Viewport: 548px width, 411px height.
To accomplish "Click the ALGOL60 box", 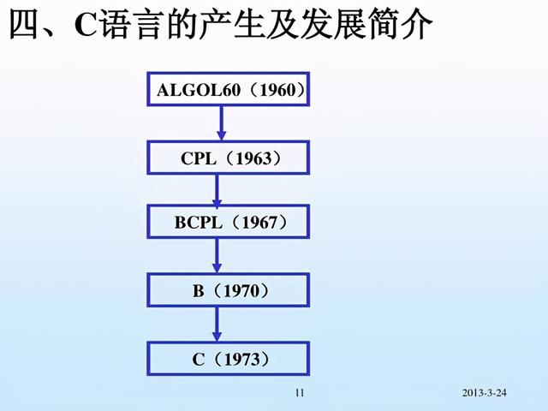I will (x=230, y=89).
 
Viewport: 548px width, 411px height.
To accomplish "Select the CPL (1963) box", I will (x=230, y=158).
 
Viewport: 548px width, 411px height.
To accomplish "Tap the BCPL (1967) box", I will (x=230, y=223).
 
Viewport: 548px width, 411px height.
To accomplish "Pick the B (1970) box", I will (x=230, y=291).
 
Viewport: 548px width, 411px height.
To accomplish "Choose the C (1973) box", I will (x=230, y=359).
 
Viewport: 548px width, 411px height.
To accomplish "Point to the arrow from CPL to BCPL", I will (x=217, y=190).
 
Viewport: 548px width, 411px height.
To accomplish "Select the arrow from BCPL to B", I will (x=217, y=257).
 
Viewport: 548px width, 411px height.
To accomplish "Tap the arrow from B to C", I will (x=217, y=325).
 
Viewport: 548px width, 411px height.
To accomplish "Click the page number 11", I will (x=299, y=393).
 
